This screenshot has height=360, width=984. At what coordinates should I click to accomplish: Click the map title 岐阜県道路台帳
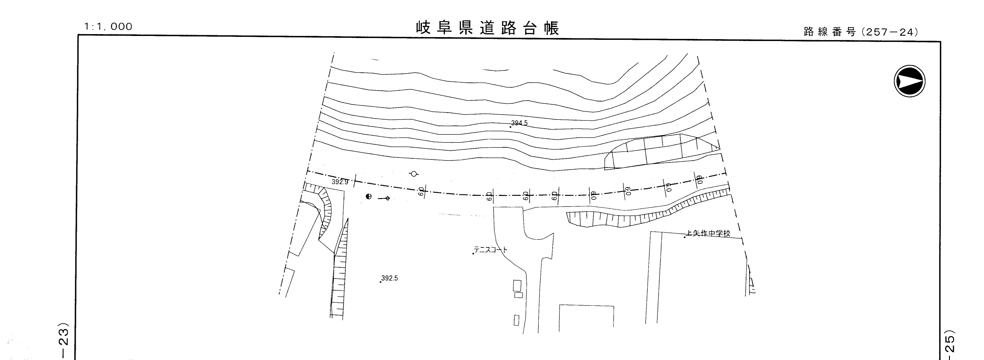click(x=487, y=28)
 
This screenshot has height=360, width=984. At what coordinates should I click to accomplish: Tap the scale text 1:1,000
click(x=108, y=27)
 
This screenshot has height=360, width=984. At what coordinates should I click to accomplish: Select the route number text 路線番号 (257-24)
click(x=860, y=32)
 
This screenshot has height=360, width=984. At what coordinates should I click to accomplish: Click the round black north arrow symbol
click(x=910, y=81)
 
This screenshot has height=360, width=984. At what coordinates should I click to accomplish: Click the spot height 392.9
click(x=340, y=182)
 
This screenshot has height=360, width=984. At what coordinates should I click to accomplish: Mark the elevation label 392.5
click(x=390, y=278)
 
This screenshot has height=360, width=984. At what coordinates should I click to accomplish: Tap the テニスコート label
click(x=491, y=250)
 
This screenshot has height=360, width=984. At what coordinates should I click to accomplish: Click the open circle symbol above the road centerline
click(x=413, y=174)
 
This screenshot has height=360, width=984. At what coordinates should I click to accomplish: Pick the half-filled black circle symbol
click(x=369, y=196)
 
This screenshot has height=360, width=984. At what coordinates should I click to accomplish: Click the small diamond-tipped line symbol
click(x=384, y=198)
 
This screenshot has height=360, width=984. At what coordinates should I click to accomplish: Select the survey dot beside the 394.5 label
click(x=510, y=126)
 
